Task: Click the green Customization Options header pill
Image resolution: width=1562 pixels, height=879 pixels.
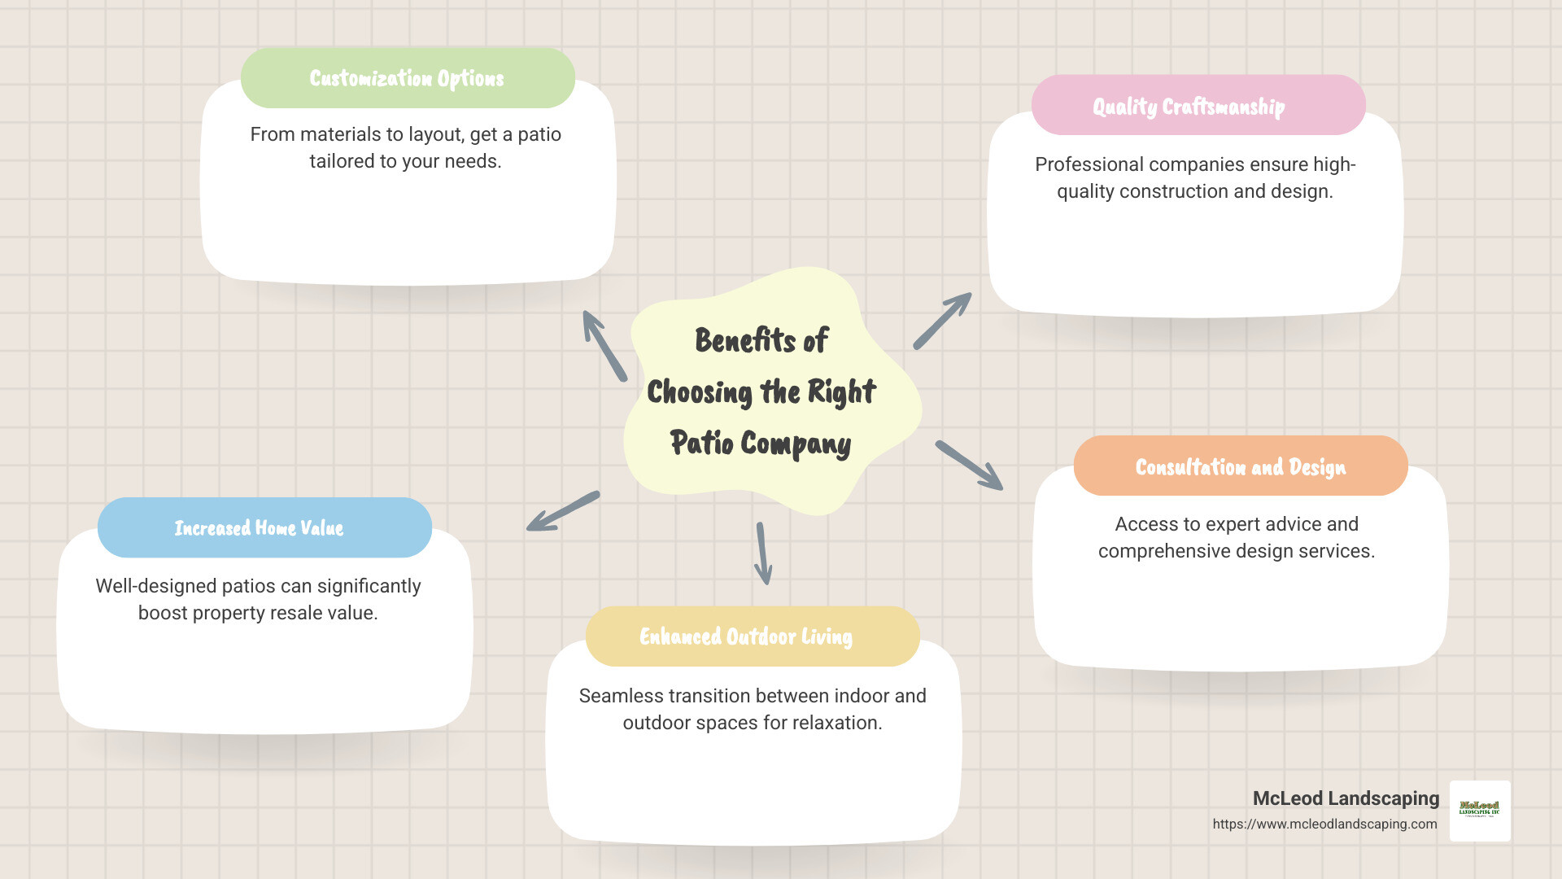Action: pyautogui.click(x=408, y=78)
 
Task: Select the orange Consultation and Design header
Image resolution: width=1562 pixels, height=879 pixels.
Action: pyautogui.click(x=1240, y=466)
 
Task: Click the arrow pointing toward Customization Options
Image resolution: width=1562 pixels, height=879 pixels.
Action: pyautogui.click(x=604, y=345)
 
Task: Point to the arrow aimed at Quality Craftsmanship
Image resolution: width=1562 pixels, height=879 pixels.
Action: pyautogui.click(x=942, y=321)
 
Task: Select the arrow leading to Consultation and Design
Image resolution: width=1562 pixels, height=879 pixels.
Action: pyautogui.click(x=969, y=466)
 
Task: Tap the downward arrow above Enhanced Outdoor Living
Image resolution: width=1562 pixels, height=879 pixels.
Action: pyautogui.click(x=763, y=553)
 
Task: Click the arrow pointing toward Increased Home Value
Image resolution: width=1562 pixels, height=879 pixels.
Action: pyautogui.click(x=563, y=511)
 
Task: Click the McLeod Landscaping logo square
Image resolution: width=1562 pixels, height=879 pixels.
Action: pyautogui.click(x=1480, y=811)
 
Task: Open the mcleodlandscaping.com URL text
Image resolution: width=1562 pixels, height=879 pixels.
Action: pyautogui.click(x=1324, y=824)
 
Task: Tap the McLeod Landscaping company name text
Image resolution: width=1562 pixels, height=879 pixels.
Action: pyautogui.click(x=1346, y=798)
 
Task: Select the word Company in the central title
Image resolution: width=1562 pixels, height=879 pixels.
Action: pyautogui.click(x=796, y=444)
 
